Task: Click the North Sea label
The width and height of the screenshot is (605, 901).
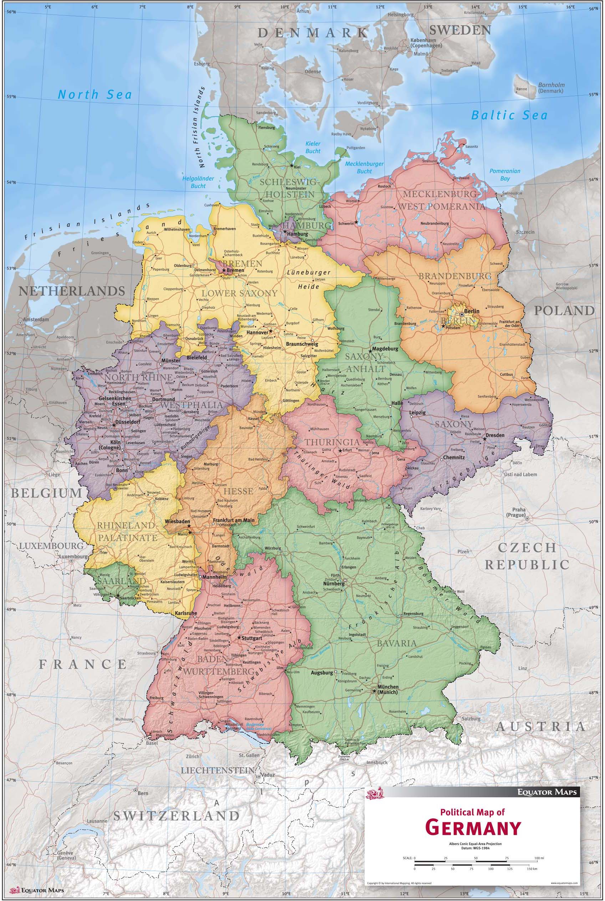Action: click(95, 94)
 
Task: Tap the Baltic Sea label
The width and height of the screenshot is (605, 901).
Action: click(509, 115)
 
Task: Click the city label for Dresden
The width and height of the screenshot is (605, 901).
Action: click(495, 435)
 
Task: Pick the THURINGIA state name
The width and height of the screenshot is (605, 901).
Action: click(332, 442)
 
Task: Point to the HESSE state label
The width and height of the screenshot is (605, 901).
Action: click(238, 491)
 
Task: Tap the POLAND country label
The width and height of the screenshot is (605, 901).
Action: click(564, 311)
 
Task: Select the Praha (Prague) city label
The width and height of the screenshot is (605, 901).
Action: click(516, 512)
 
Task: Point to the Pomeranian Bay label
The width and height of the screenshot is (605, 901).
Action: click(505, 175)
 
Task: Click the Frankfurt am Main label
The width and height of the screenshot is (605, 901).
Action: click(233, 520)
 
